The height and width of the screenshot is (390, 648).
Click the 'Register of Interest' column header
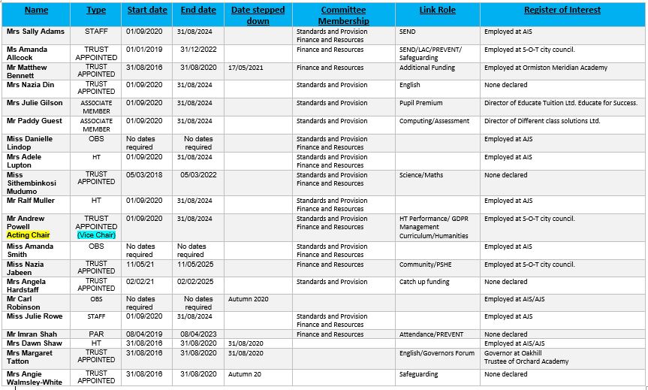click(x=562, y=11)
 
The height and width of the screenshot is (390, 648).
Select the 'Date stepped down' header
click(x=258, y=15)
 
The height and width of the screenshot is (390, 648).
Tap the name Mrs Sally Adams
click(x=35, y=32)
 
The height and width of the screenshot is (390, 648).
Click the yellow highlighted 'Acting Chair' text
click(x=29, y=235)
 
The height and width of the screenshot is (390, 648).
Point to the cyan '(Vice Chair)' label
click(x=96, y=235)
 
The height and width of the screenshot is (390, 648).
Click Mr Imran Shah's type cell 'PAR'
click(x=96, y=334)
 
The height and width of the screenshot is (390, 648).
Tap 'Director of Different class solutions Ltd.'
click(x=542, y=121)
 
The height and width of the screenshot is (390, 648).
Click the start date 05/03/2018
click(x=145, y=175)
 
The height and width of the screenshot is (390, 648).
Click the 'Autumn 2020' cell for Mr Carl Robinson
click(x=248, y=299)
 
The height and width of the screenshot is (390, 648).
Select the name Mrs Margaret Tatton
click(x=30, y=357)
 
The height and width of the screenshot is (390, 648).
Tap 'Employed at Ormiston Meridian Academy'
click(x=545, y=68)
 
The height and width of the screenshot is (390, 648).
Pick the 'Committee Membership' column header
click(x=343, y=15)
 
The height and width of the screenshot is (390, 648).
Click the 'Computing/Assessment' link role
click(x=434, y=121)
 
